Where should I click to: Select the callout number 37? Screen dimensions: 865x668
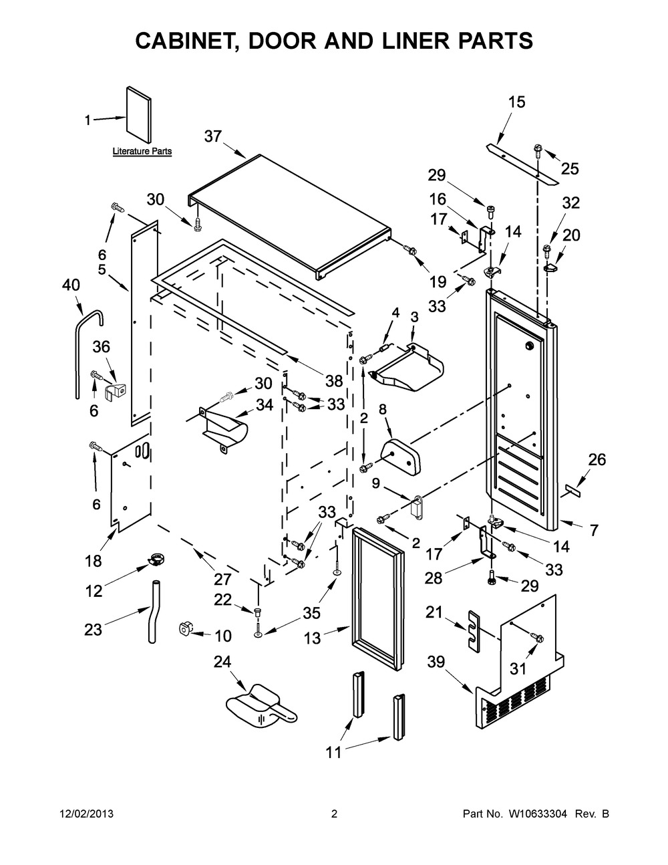(x=212, y=136)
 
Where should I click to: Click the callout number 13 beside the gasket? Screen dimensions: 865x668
(x=313, y=638)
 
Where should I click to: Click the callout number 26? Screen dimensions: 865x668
(x=597, y=459)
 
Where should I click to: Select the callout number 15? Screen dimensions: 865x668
(x=516, y=102)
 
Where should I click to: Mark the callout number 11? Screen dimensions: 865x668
(x=333, y=753)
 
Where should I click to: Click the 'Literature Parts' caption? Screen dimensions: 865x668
(x=142, y=152)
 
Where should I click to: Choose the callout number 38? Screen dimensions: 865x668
(x=334, y=381)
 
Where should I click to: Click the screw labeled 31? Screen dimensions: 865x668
(x=537, y=638)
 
